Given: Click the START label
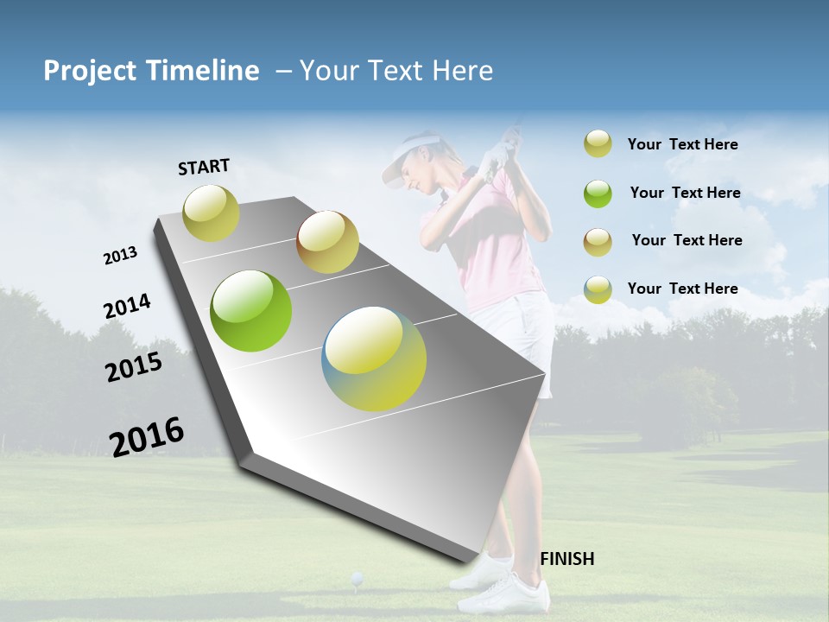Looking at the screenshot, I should pos(204,167).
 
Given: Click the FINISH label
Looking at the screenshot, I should pos(566,559).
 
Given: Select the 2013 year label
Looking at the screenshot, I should pos(120,256).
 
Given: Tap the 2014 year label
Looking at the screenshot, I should pos(127,307).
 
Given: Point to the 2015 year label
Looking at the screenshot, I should pos(134,367).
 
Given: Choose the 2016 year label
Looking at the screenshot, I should pos(147,436).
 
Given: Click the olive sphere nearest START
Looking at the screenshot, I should pos(211,213).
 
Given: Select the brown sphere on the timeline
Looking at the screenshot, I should pos(327,242).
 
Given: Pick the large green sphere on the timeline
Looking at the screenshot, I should pos(251,311).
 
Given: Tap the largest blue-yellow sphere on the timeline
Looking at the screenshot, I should pos(374,359).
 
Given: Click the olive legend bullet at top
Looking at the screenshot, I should pos(598,143).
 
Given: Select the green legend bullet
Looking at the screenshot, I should pos(598,193).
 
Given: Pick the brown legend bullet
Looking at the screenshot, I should pos(598,241).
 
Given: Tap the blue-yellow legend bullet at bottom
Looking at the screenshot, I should pos(598,289).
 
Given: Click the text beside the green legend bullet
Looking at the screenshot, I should pos(685,193).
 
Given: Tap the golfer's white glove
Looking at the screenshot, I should pos(496,158).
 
